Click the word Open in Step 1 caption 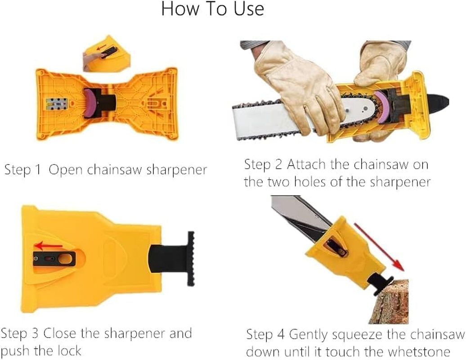pos(67,170)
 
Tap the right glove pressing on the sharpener pos(380,65)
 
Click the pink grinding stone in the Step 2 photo pos(382,107)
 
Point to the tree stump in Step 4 pos(389,301)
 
